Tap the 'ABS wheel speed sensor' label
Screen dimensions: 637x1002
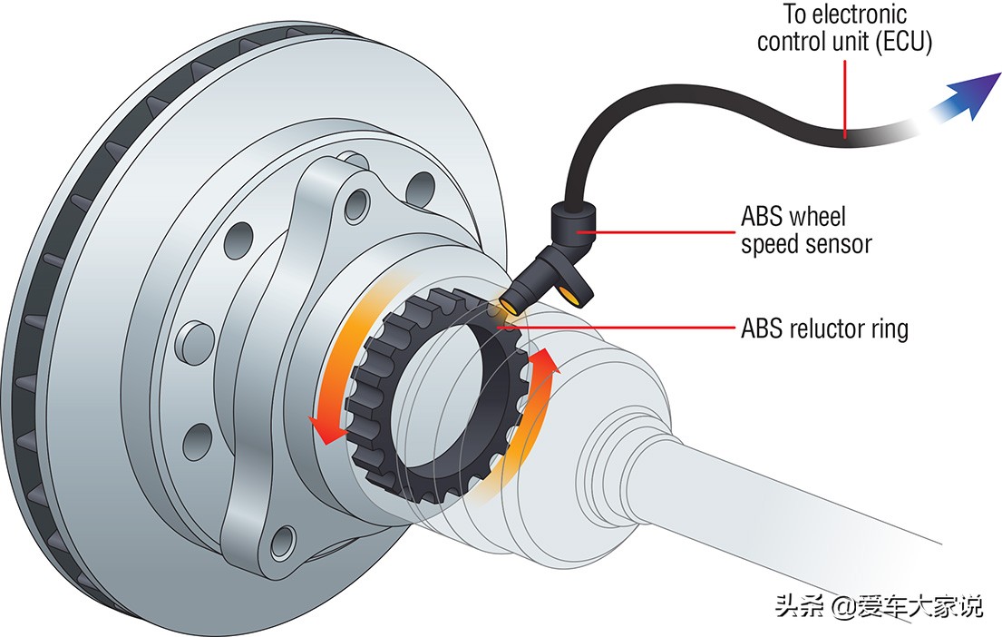click(x=805, y=230)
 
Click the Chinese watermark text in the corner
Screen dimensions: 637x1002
click(x=878, y=606)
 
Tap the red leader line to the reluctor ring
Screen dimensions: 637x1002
click(x=626, y=327)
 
